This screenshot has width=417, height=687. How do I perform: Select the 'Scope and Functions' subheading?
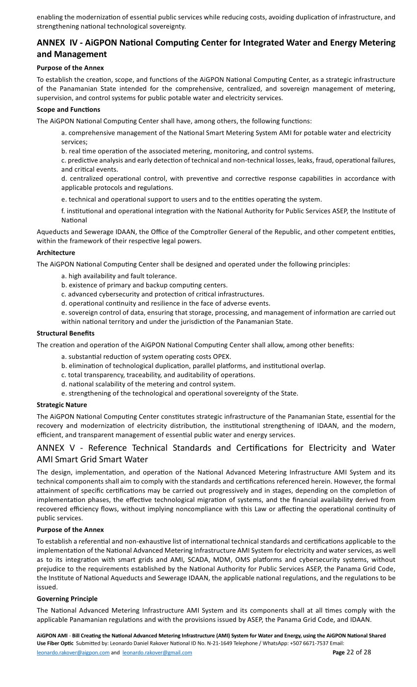68,109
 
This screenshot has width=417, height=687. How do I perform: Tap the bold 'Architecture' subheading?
56,253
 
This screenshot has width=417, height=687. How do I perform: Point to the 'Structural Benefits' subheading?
66,333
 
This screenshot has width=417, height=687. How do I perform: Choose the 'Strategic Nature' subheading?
62,405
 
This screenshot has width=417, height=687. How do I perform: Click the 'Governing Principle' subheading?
67,599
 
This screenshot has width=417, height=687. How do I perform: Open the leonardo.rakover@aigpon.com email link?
73,653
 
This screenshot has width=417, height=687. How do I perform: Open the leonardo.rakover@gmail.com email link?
157,653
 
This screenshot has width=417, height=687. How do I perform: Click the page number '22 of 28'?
359,652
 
